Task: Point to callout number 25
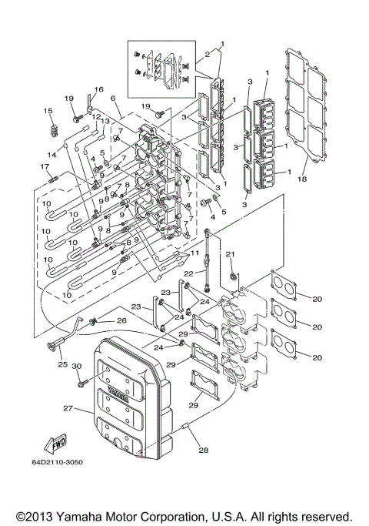point(62,364)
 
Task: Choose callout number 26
point(121,320)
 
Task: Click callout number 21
point(230,255)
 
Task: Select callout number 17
point(44,166)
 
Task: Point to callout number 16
point(99,90)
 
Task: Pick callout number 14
point(51,155)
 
